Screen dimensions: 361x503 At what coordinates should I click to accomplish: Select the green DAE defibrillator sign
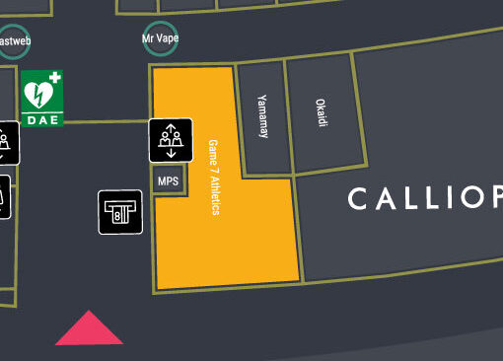42,98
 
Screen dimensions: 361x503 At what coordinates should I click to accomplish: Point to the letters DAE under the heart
42,119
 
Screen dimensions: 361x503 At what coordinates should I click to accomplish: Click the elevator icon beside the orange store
170,139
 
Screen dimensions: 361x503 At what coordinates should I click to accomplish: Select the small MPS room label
168,181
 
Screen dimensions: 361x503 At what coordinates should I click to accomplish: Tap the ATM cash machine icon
120,211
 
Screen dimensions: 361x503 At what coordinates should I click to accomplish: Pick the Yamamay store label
262,117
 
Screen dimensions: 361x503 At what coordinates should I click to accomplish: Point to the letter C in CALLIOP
358,200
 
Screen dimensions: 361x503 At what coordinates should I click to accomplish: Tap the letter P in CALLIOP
495,200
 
